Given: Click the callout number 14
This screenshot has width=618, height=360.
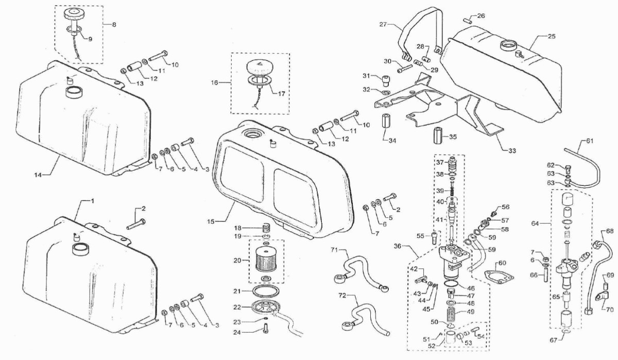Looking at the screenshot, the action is pyautogui.click(x=38, y=175).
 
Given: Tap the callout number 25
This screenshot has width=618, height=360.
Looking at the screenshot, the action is pyautogui.click(x=552, y=37).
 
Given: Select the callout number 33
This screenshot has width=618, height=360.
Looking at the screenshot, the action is pyautogui.click(x=512, y=151).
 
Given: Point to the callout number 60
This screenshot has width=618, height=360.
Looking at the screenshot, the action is pyautogui.click(x=502, y=263).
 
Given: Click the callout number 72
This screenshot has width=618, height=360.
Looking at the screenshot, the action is pyautogui.click(x=342, y=296).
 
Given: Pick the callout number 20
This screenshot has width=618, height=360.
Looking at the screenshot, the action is pyautogui.click(x=237, y=261).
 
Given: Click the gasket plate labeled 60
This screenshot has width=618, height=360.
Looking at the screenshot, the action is pyautogui.click(x=500, y=277).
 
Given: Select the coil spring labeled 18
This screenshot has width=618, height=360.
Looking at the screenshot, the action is pyautogui.click(x=266, y=228).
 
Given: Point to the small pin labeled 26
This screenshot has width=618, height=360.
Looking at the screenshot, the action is pyautogui.click(x=468, y=21).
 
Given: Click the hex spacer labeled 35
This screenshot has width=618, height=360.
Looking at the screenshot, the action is pyautogui.click(x=438, y=135).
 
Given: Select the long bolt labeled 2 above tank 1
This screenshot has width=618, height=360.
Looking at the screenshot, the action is pyautogui.click(x=136, y=225).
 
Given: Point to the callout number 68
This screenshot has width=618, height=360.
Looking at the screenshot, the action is pyautogui.click(x=610, y=231).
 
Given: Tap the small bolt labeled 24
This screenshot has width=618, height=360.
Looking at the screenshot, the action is pyautogui.click(x=265, y=329).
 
